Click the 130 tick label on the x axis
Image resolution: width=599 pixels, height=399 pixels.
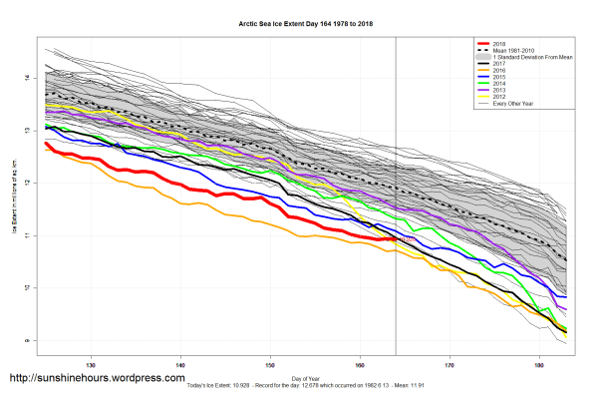click(x=92, y=363)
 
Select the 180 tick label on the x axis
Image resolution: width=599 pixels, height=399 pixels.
click(x=540, y=363)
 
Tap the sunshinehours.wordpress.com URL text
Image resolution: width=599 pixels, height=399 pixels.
click(x=97, y=379)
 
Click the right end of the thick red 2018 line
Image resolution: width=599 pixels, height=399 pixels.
click(x=396, y=239)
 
